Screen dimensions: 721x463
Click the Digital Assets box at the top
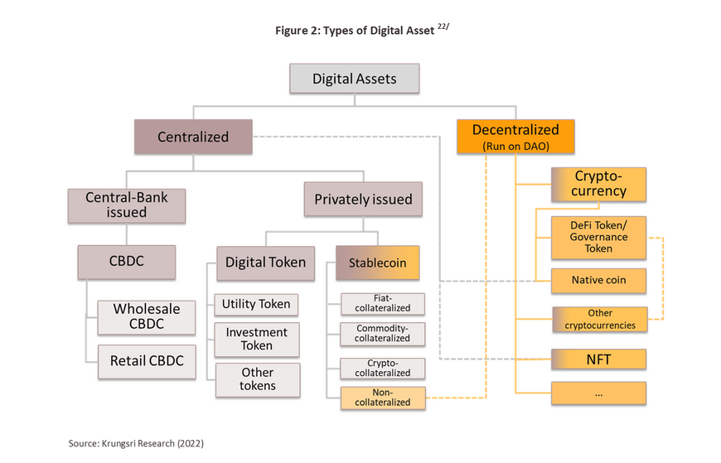pyautogui.click(x=354, y=79)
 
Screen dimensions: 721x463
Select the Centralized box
pyautogui.click(x=193, y=137)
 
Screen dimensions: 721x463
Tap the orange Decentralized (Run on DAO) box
pyautogui.click(x=515, y=137)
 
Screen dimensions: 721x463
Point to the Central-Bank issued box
pyautogui.click(x=127, y=205)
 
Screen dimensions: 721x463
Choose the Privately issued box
pyautogui.click(x=363, y=199)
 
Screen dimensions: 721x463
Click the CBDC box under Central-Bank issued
pyautogui.click(x=127, y=262)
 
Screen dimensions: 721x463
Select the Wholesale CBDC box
pyautogui.click(x=146, y=317)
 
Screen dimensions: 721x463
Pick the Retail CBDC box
pyautogui.click(x=147, y=362)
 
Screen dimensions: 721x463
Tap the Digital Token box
pyautogui.click(x=266, y=263)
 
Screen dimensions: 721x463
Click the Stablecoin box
pyautogui.click(x=378, y=263)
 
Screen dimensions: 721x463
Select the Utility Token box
pyautogui.click(x=256, y=304)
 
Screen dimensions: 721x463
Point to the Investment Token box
pyautogui.click(x=257, y=340)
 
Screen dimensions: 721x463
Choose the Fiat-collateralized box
pyautogui.click(x=383, y=304)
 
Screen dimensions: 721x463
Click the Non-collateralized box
pyautogui.click(x=383, y=398)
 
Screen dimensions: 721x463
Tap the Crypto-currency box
pyautogui.click(x=598, y=185)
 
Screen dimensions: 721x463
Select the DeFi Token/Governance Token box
pyautogui.click(x=598, y=238)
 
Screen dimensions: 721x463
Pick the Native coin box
pyautogui.click(x=598, y=281)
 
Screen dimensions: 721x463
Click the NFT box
pyautogui.click(x=598, y=359)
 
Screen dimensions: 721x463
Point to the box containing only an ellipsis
pyautogui.click(x=598, y=393)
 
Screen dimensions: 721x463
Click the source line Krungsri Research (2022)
pyautogui.click(x=136, y=444)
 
